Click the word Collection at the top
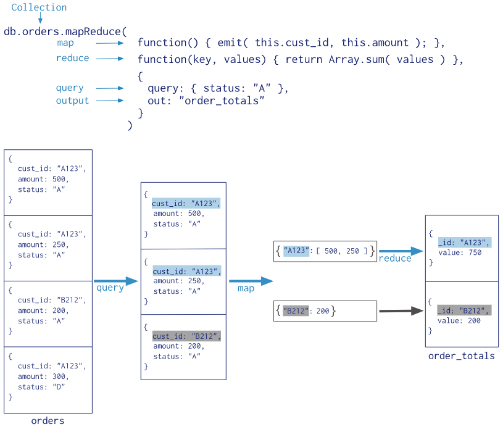[x=39, y=7]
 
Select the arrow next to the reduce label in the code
[x=110, y=59]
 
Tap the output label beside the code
[x=72, y=101]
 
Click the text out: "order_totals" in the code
[x=206, y=101]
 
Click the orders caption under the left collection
[x=48, y=421]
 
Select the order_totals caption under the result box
[x=462, y=355]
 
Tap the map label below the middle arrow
[x=246, y=288]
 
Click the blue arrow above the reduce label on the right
[x=401, y=251]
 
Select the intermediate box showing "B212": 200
[x=325, y=311]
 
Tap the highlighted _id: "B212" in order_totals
[x=464, y=310]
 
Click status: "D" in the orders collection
[x=41, y=386]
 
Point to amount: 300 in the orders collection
[x=43, y=376]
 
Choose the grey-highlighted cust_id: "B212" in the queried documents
[x=186, y=336]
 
